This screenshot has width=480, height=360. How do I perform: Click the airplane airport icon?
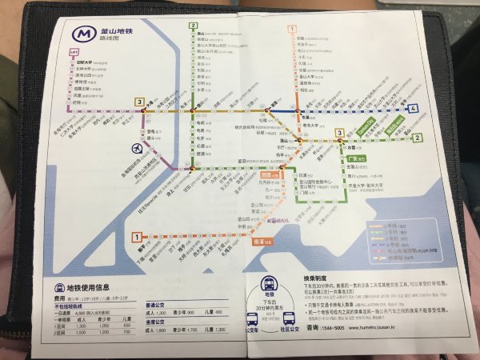(138, 146)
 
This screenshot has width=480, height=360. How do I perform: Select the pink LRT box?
(74, 54)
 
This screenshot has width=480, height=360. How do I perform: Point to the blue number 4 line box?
(414, 108)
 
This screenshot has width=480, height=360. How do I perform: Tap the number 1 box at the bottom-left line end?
(138, 237)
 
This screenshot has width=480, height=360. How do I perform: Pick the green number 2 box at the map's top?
(193, 26)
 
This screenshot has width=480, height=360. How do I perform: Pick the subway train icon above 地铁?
(269, 284)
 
